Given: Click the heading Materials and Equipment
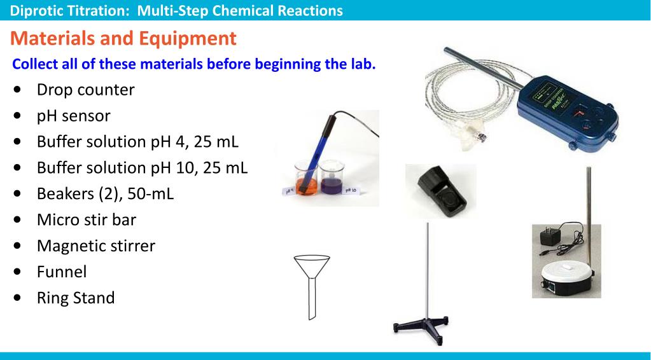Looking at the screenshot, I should (123, 39).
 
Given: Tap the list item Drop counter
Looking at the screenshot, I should (85, 90).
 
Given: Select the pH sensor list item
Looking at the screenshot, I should (73, 116).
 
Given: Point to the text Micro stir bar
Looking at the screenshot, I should (87, 219).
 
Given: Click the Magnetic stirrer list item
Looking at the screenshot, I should (95, 246).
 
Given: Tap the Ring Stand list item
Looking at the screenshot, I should (76, 297).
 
